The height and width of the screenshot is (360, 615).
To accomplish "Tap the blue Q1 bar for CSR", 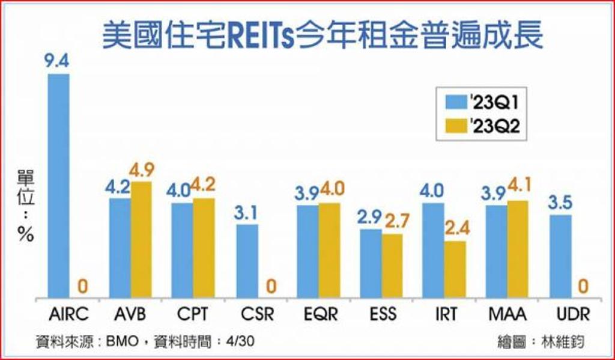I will point(247,261).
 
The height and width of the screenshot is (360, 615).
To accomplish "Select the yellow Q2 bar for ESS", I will point(392,266).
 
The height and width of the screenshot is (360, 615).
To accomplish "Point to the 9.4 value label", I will point(58,61).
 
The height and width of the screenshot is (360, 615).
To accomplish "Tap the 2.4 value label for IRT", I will point(456,230).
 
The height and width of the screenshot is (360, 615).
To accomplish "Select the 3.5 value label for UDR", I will point(561,203).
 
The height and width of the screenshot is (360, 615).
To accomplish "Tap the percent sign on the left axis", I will point(25,234).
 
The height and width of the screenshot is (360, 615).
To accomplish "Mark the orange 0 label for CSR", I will point(270,287).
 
